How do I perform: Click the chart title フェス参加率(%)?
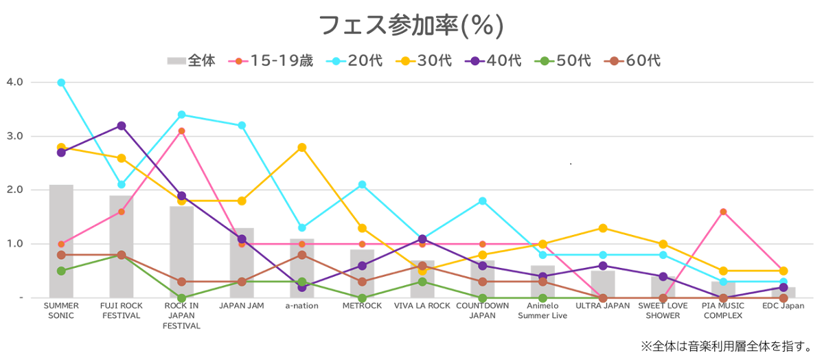click(411, 25)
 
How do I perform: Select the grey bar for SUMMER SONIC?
click(61, 240)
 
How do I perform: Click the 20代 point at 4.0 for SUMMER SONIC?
click(61, 82)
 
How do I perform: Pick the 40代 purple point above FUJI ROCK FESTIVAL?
click(122, 126)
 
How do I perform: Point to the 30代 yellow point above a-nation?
click(302, 148)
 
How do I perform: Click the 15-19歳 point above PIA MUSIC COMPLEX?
click(723, 212)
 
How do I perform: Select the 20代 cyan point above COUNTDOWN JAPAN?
click(483, 201)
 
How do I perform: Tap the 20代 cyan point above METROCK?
click(362, 185)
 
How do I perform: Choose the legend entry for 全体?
click(192, 60)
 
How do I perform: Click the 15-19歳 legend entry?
click(271, 60)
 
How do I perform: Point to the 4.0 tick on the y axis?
click(15, 82)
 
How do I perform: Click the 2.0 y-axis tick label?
click(15, 190)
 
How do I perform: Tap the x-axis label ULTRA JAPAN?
click(602, 306)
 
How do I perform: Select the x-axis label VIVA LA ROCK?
click(422, 306)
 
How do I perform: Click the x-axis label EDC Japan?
click(783, 306)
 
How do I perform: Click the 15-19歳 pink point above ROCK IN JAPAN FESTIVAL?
click(182, 131)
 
